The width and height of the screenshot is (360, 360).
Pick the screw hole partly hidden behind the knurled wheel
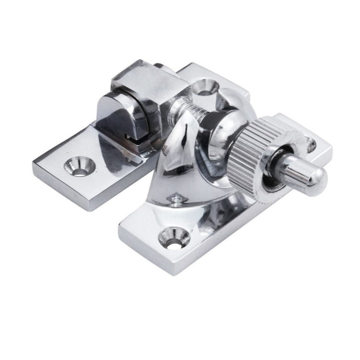310,145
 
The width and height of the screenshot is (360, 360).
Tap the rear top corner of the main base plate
191,65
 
